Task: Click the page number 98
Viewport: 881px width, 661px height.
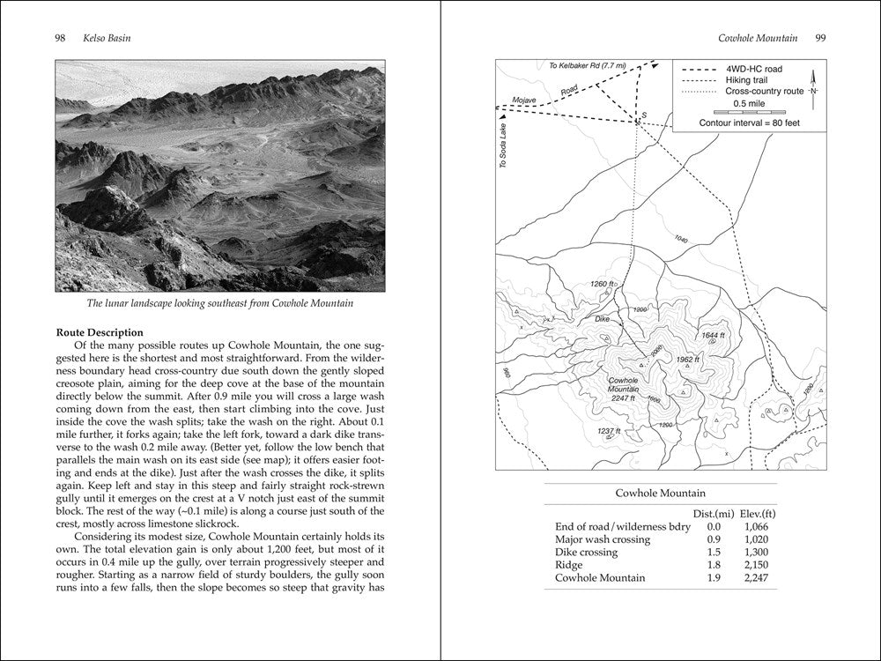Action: [x=61, y=39]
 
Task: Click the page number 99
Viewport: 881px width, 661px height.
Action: [x=819, y=38]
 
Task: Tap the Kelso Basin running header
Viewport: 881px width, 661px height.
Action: [x=102, y=39]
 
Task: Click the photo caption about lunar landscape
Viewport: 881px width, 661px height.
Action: [x=219, y=304]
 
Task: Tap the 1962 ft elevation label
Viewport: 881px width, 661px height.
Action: [x=686, y=360]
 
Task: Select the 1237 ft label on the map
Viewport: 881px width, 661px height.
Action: [x=609, y=430]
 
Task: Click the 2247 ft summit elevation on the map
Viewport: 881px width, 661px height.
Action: [x=628, y=398]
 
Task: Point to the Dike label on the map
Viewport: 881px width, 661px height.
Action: [x=602, y=318]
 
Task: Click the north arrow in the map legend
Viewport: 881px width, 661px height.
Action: [x=813, y=85]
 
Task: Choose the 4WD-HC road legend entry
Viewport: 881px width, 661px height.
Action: [x=753, y=69]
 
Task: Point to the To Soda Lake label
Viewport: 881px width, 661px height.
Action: [x=504, y=146]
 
